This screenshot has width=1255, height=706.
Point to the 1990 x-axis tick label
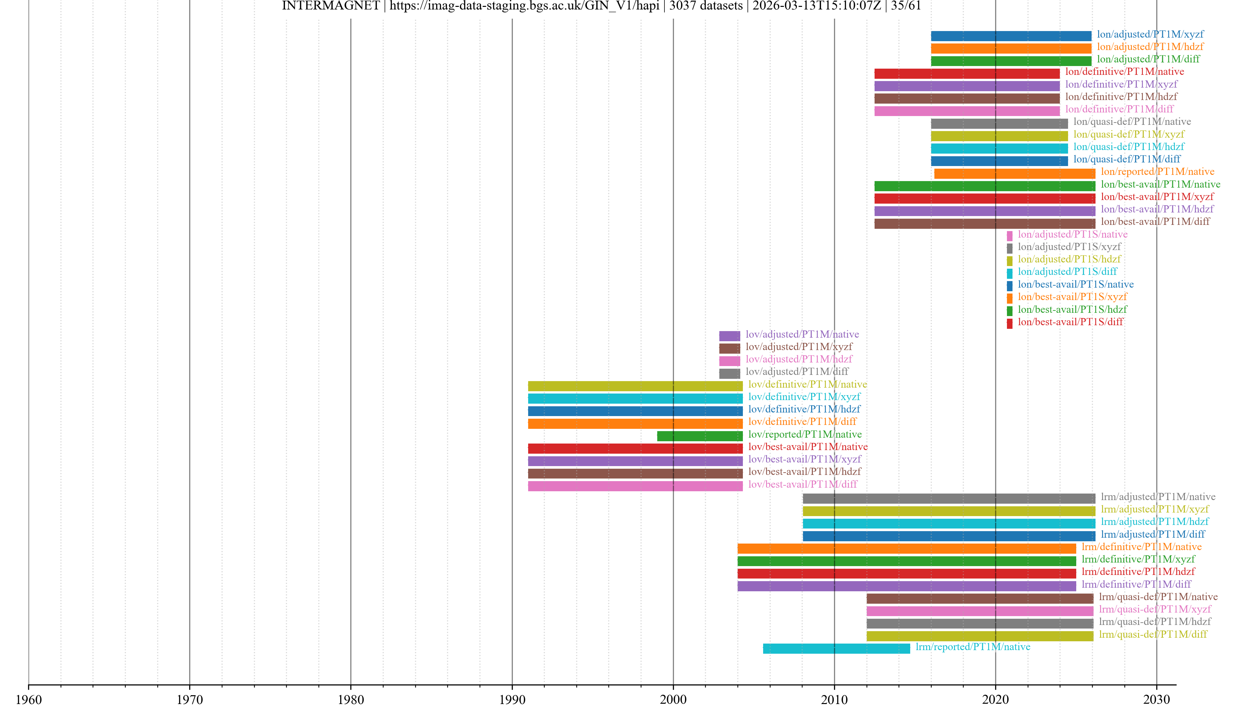click(x=512, y=699)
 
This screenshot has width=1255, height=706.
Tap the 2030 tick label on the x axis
click(x=1157, y=699)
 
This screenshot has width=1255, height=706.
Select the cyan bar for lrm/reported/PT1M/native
click(x=836, y=648)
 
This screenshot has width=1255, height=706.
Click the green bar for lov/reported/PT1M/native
click(x=700, y=436)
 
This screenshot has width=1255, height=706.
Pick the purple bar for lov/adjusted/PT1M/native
click(x=729, y=336)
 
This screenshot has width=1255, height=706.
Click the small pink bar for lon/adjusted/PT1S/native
click(x=1010, y=236)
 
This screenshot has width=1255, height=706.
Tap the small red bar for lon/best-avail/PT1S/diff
click(x=1010, y=323)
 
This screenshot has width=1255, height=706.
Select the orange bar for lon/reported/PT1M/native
click(x=1014, y=174)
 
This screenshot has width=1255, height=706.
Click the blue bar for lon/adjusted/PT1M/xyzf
click(x=1011, y=36)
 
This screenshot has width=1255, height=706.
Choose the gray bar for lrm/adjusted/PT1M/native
click(x=948, y=498)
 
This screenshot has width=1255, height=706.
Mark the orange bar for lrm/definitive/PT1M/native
click(x=906, y=549)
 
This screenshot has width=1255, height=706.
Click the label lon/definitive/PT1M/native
click(x=1124, y=72)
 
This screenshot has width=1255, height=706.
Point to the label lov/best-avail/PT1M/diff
click(x=802, y=484)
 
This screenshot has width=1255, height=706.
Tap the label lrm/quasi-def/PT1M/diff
click(x=1153, y=634)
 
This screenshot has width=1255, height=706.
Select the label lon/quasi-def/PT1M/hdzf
click(x=1128, y=147)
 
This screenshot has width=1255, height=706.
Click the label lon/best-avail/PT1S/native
click(x=1075, y=284)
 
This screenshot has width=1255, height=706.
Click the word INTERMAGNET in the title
click(x=331, y=6)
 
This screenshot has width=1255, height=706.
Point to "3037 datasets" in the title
click(x=706, y=6)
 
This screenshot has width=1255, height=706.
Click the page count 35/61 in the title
click(x=906, y=6)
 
